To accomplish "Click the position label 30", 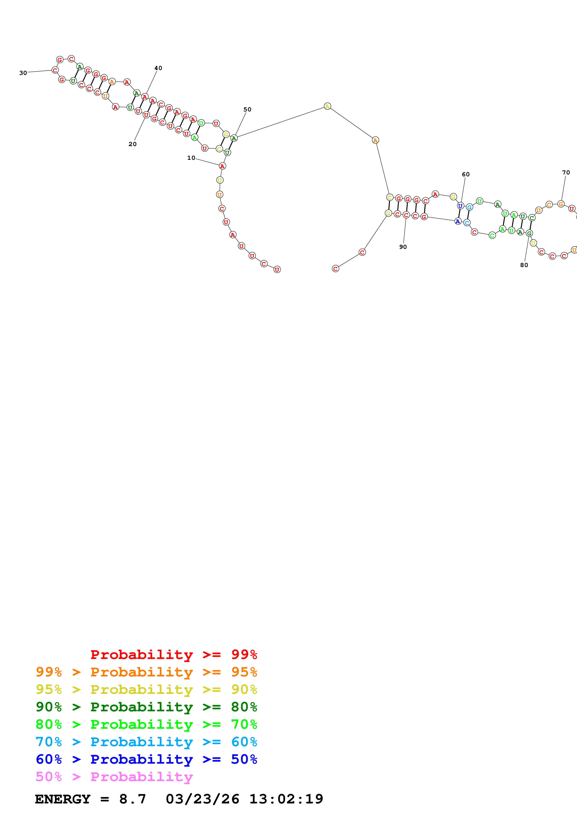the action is pos(23,73).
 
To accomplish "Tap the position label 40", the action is pos(158,68).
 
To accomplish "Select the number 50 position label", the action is pos(247,110).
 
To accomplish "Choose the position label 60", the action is pos(466,174).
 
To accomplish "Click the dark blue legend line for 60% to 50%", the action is pos(146,759).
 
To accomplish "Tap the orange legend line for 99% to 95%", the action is pos(146,672).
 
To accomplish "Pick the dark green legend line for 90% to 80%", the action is pos(146,707).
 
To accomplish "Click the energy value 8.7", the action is pos(132,799).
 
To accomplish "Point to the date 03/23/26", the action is pos(202,799).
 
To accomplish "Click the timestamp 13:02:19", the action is pos(286,799).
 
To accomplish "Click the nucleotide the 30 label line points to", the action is pos(55,70).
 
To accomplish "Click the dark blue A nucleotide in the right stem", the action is pos(458,221).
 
